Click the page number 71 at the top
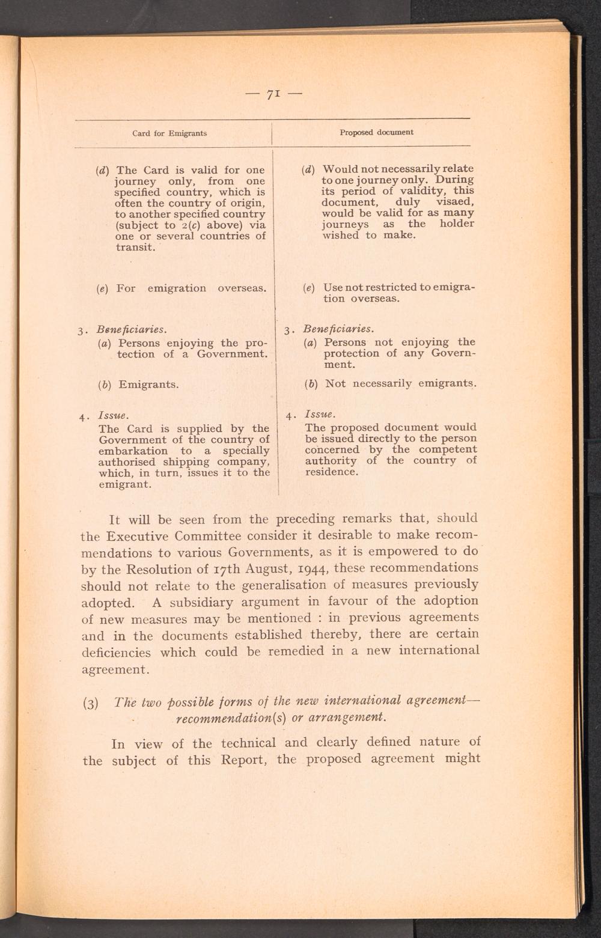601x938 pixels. (x=273, y=94)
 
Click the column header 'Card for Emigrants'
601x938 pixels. (x=169, y=133)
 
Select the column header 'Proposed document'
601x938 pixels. (x=376, y=132)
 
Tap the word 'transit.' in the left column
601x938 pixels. (x=135, y=247)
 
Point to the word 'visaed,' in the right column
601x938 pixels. (x=455, y=202)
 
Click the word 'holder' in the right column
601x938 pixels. (x=457, y=224)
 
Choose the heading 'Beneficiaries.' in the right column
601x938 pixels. (x=338, y=329)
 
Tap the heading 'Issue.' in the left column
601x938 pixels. (x=113, y=416)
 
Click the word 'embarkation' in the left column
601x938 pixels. (x=133, y=451)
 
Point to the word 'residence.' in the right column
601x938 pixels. (x=332, y=472)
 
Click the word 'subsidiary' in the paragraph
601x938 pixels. (x=202, y=602)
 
